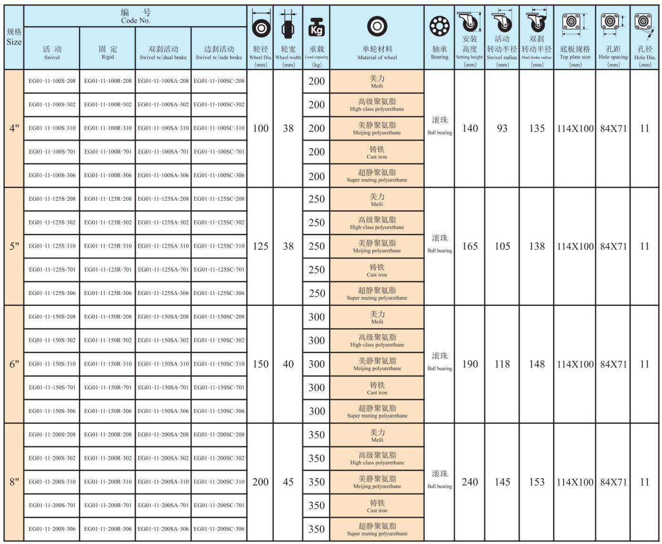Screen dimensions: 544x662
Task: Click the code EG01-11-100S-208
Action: point(52,81)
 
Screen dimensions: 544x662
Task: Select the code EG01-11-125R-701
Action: point(108,269)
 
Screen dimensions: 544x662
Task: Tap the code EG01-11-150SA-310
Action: point(163,364)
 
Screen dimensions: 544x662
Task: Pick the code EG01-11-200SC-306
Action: point(219,529)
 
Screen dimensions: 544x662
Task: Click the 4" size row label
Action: point(14,128)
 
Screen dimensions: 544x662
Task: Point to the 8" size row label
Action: point(14,482)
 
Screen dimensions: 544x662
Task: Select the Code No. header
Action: point(135,16)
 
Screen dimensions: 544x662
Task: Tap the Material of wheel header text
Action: point(377,57)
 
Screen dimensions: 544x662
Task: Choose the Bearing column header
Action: point(439,53)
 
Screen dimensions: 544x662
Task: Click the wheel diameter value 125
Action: point(261,246)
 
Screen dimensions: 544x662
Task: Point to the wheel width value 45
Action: point(288,482)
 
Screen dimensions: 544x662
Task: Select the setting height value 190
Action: point(470,364)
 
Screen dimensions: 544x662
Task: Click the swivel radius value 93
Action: point(502,128)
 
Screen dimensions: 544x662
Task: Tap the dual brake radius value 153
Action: point(537,482)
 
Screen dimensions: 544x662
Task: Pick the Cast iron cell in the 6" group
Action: point(377,388)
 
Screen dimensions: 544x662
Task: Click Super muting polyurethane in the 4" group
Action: point(377,176)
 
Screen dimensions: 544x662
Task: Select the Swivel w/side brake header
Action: point(219,53)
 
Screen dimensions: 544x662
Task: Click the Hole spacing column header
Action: point(613,53)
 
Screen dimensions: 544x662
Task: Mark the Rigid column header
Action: point(108,53)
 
